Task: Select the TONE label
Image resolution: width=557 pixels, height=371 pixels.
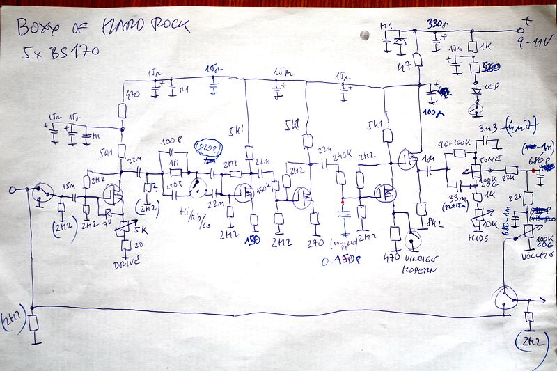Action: click(x=494, y=158)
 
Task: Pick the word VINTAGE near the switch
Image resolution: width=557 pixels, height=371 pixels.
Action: click(x=419, y=262)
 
